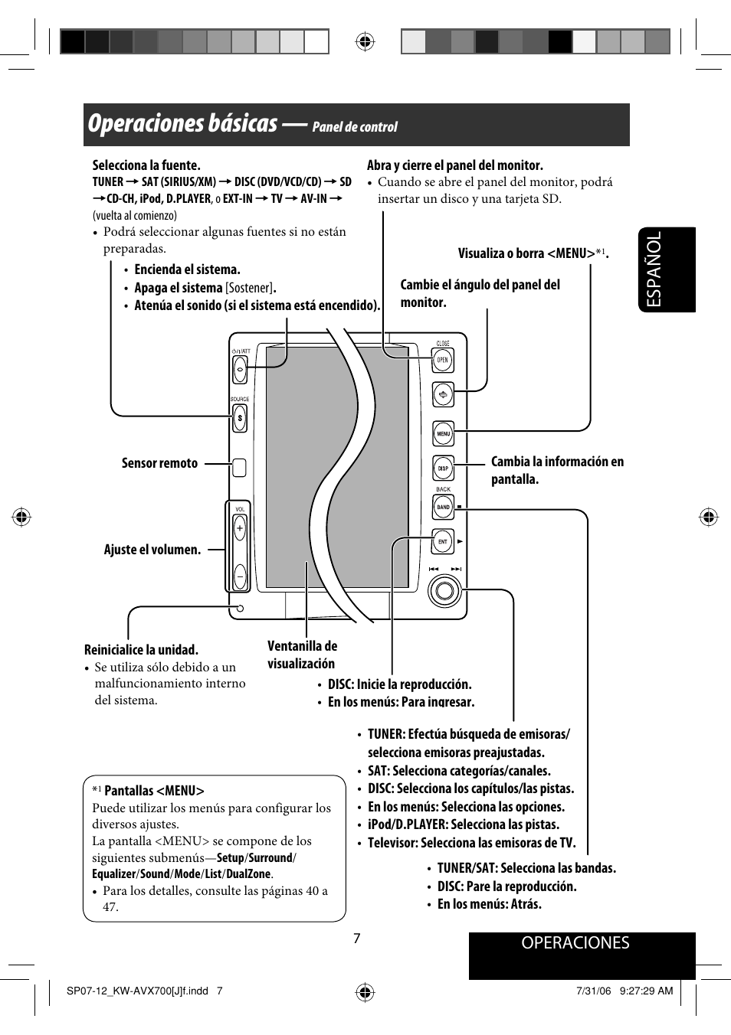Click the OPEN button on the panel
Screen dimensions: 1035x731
click(443, 360)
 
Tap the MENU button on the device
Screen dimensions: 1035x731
click(443, 434)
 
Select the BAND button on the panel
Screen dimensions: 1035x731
click(443, 507)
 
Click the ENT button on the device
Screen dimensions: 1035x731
click(443, 541)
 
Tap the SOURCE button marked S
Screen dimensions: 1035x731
click(240, 418)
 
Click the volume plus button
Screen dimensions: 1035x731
click(240, 528)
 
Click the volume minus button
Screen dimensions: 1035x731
click(240, 575)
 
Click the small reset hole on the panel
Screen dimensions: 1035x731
click(240, 609)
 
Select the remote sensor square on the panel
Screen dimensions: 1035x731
click(240, 467)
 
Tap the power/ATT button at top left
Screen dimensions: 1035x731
click(240, 370)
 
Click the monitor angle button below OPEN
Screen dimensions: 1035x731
click(443, 395)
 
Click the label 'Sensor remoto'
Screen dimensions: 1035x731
click(159, 463)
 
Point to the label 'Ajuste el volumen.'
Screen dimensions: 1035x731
click(152, 550)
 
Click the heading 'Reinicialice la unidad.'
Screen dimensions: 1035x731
click(141, 650)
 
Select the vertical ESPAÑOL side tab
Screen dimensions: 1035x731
click(666, 269)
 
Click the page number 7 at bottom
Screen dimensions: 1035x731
click(356, 939)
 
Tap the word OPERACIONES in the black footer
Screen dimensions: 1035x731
click(575, 943)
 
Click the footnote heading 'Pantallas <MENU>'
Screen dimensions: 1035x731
click(154, 791)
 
